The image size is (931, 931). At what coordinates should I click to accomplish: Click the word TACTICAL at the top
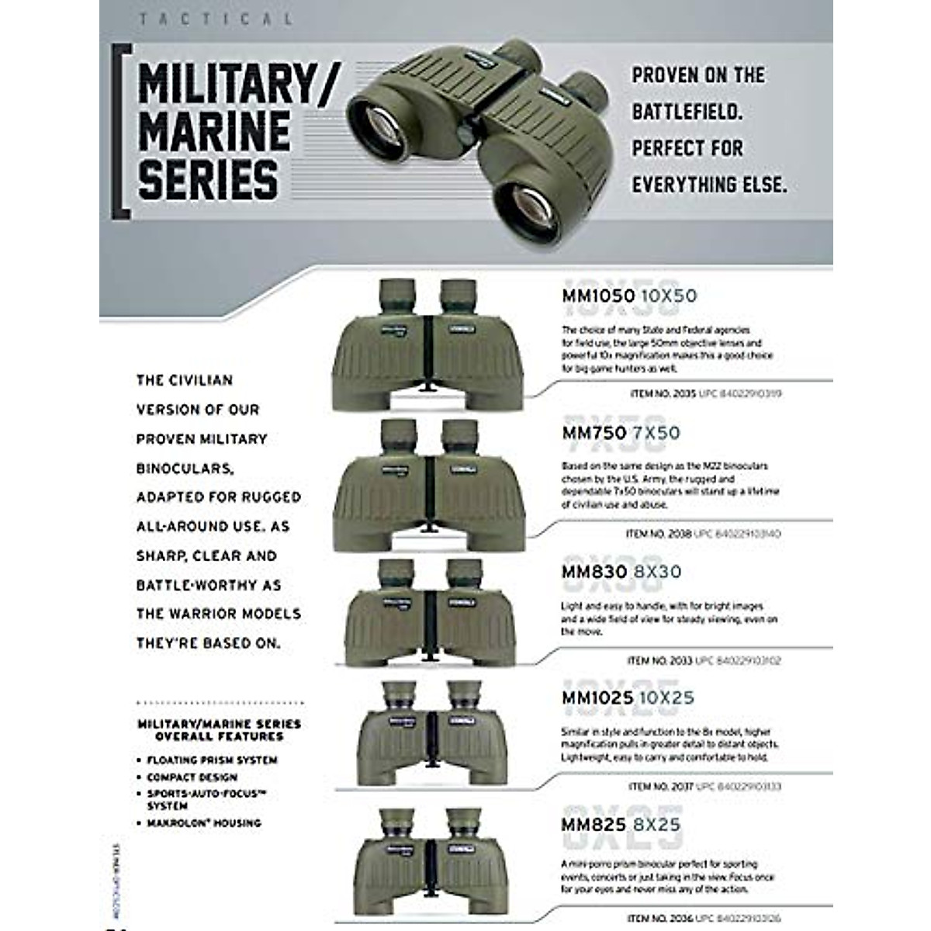[x=216, y=19]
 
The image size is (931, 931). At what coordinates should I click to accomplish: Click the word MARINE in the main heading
[x=214, y=130]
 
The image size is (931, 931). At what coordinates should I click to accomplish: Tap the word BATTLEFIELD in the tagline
[x=687, y=112]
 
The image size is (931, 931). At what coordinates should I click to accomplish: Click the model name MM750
[x=594, y=432]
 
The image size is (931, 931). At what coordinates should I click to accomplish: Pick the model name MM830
[x=594, y=572]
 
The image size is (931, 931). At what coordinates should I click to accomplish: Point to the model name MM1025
[x=597, y=698]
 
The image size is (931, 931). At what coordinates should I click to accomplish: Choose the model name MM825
[x=594, y=825]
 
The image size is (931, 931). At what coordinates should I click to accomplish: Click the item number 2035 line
[x=705, y=394]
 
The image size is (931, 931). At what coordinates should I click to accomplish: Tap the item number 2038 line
[x=702, y=534]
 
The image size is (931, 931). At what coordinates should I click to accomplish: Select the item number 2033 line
[x=703, y=661]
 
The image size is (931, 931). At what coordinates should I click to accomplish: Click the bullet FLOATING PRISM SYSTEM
[x=212, y=760]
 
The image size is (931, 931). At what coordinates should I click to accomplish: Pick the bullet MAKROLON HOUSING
[x=204, y=823]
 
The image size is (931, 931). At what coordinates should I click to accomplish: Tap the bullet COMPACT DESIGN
[x=192, y=777]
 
